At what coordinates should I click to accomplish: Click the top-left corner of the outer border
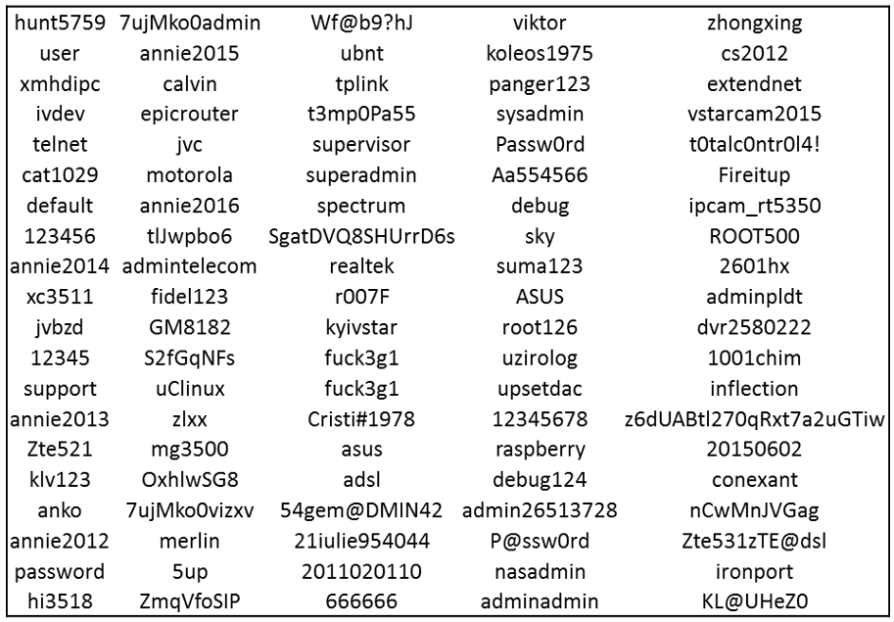click(8, 7)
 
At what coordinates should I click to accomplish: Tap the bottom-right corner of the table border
click(887, 616)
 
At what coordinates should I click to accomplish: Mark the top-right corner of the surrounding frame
click(887, 7)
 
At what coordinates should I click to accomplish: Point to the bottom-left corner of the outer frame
click(8, 616)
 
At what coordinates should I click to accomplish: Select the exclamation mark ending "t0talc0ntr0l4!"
click(816, 144)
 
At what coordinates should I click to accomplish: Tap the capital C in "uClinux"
click(170, 389)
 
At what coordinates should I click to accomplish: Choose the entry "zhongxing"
click(754, 24)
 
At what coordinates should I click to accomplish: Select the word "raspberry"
click(540, 451)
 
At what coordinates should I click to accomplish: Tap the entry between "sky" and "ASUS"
click(540, 266)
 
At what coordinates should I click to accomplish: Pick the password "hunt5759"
click(60, 23)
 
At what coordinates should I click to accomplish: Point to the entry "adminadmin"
click(540, 601)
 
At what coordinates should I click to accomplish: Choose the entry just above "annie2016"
click(189, 175)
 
